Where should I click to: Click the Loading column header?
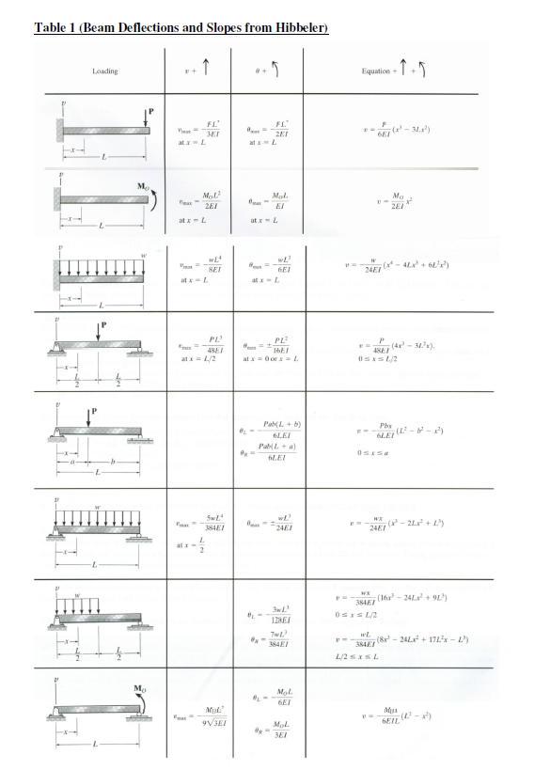[x=105, y=71]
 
